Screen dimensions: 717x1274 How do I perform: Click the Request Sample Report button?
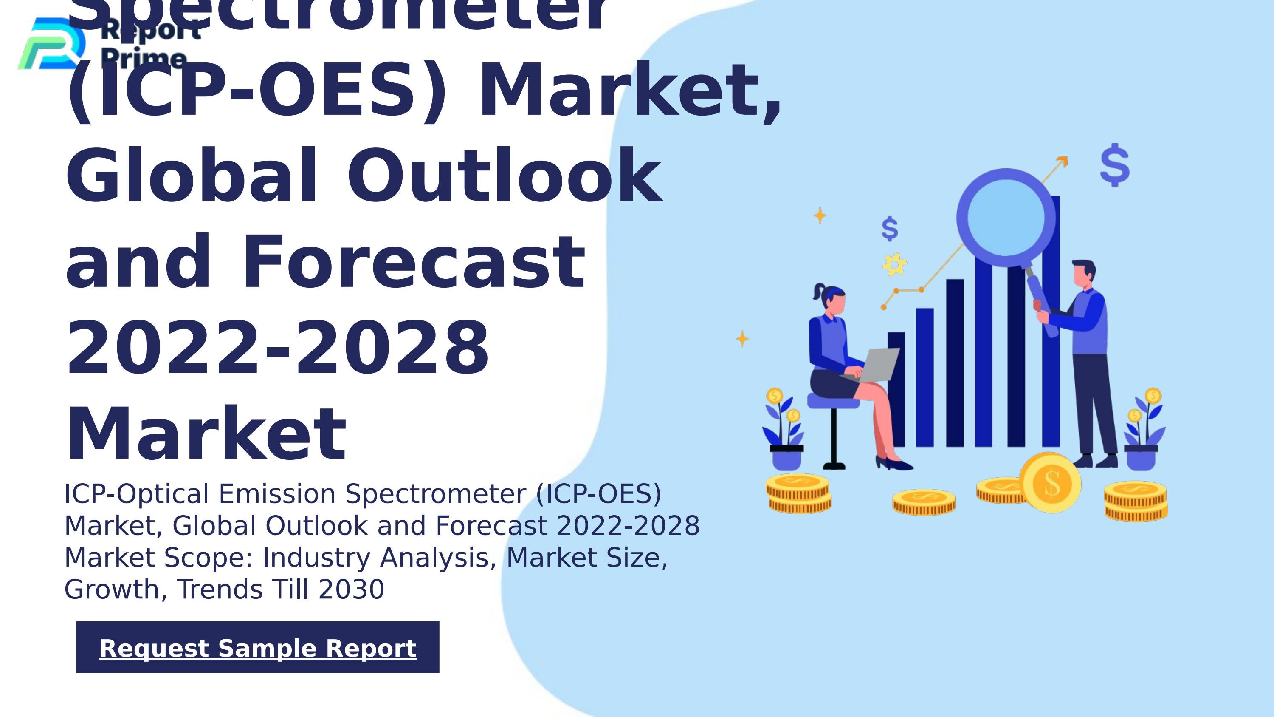[258, 647]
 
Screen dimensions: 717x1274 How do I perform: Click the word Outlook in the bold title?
[505, 176]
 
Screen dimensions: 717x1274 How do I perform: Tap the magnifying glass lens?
[1006, 218]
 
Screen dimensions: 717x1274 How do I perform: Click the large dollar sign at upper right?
[1115, 165]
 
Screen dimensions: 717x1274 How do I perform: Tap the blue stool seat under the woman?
[833, 401]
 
